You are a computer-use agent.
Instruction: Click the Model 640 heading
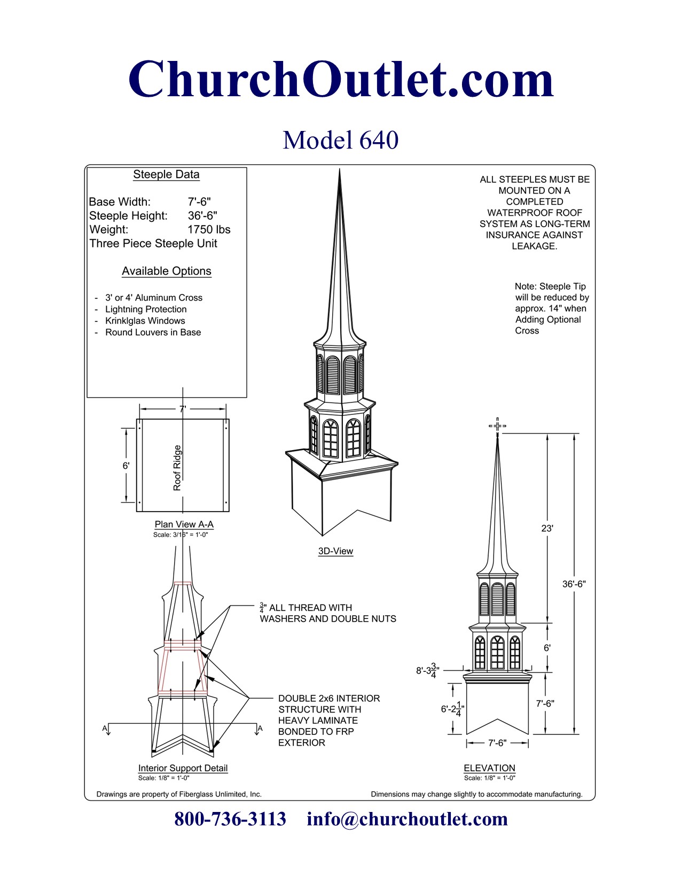(340, 140)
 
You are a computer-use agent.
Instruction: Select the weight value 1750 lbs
(209, 229)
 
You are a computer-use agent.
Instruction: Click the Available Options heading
(166, 271)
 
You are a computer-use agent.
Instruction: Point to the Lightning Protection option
(146, 309)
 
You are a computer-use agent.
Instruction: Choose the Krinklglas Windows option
(145, 321)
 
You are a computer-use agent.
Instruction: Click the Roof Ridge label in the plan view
(177, 468)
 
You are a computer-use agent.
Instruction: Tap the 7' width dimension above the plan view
(183, 409)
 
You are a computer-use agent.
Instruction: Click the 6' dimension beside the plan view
(126, 466)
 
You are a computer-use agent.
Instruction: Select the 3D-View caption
(335, 551)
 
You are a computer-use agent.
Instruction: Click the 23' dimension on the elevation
(547, 528)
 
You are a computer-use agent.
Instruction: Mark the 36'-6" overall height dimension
(574, 584)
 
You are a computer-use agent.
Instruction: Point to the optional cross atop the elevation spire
(497, 426)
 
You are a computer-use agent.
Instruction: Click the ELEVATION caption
(489, 768)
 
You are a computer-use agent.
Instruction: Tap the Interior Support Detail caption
(183, 768)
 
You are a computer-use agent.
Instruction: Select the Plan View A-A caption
(184, 524)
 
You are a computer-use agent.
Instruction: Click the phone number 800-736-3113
(230, 819)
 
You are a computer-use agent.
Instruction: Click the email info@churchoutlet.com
(407, 819)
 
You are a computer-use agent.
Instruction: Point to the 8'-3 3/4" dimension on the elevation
(428, 670)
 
